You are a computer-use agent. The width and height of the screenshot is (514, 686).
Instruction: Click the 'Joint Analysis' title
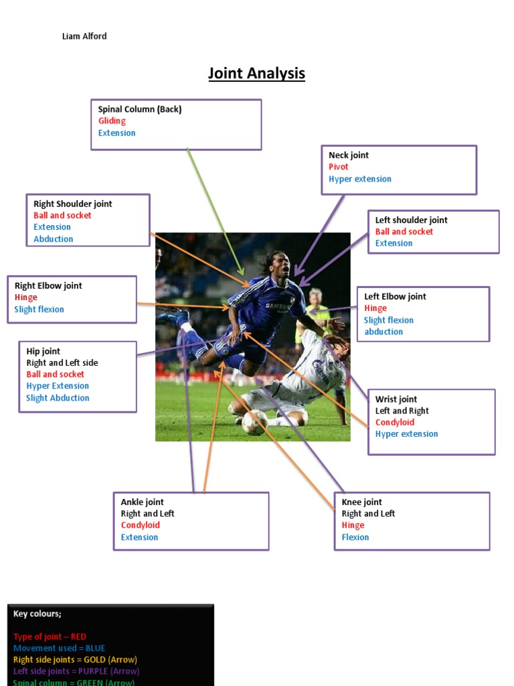click(x=256, y=73)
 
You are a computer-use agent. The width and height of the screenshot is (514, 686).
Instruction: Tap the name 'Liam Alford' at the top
click(x=84, y=36)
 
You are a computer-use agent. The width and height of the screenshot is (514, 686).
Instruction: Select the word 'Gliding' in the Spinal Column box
click(x=112, y=121)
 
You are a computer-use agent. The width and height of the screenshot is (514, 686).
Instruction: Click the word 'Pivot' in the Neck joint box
click(x=338, y=167)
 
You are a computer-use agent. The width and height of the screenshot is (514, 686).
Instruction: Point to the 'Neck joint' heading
click(x=348, y=155)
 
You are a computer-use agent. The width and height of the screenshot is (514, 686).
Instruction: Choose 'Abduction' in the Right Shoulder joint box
click(x=54, y=239)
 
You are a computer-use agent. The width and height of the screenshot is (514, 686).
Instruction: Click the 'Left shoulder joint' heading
click(x=411, y=220)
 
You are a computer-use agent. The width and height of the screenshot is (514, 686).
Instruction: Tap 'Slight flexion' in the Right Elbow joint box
click(x=39, y=310)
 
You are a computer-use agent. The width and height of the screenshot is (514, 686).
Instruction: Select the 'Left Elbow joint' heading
click(x=395, y=297)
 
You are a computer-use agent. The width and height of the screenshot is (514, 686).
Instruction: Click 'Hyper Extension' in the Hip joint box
click(x=58, y=386)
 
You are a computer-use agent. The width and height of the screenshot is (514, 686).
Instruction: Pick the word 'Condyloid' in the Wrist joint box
click(x=394, y=423)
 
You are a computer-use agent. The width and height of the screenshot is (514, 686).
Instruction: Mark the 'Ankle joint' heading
click(x=142, y=502)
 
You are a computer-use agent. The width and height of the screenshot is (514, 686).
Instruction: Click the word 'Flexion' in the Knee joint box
click(x=355, y=537)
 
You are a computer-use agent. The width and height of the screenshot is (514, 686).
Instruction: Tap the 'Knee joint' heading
click(x=361, y=502)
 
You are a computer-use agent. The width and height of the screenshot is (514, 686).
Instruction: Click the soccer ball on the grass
click(x=254, y=422)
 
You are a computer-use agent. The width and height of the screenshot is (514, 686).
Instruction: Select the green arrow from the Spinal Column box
click(x=214, y=208)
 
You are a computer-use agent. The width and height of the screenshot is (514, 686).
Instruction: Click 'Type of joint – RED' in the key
click(x=50, y=636)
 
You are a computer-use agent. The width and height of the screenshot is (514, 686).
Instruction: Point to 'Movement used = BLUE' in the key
click(x=59, y=648)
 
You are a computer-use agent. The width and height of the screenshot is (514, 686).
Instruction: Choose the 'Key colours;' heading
click(x=37, y=614)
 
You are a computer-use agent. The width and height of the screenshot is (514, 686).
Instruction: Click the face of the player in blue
click(x=282, y=265)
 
